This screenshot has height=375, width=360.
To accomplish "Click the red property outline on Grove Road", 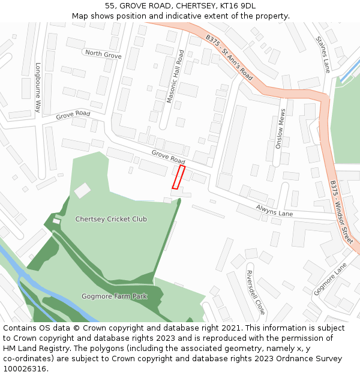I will [178, 177].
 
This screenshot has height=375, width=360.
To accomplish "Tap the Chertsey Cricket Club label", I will [111, 219].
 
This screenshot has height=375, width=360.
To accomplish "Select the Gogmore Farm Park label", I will [114, 296].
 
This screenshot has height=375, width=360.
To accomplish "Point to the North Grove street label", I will [103, 54].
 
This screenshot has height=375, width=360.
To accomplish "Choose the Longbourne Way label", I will [37, 88].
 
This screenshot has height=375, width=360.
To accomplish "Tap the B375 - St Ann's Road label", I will [229, 58].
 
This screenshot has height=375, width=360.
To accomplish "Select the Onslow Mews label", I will [279, 128].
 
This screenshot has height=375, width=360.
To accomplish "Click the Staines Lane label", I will [323, 54].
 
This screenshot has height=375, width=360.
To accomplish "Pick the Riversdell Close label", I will [256, 292].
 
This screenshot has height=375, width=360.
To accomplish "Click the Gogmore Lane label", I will [330, 279].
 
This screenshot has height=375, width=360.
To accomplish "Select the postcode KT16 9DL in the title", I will [238, 6].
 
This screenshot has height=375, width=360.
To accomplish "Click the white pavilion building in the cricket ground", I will [82, 190].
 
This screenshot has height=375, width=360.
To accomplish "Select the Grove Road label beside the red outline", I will [168, 157].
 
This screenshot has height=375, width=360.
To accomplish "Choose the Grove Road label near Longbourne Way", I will [73, 114].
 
